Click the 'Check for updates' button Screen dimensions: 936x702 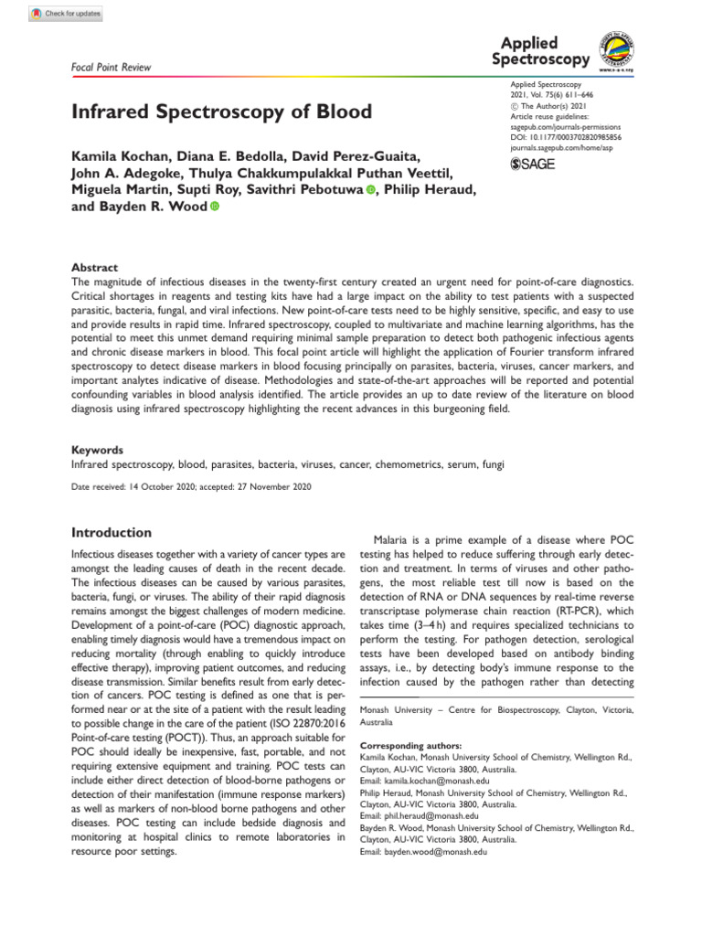(x=67, y=14)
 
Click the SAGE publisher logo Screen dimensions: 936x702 (x=530, y=164)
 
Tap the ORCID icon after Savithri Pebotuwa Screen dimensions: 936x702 (x=371, y=189)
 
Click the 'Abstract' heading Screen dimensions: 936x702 (x=94, y=268)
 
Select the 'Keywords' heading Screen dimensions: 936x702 (x=99, y=451)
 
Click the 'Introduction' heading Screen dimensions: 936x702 (x=112, y=533)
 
